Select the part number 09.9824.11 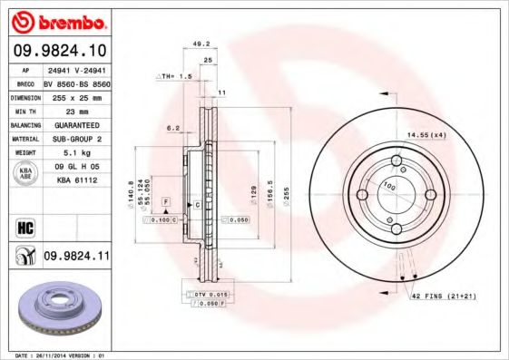(x=76, y=258)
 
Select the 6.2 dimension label (x=172, y=130)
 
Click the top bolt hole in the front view (x=396, y=163)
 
